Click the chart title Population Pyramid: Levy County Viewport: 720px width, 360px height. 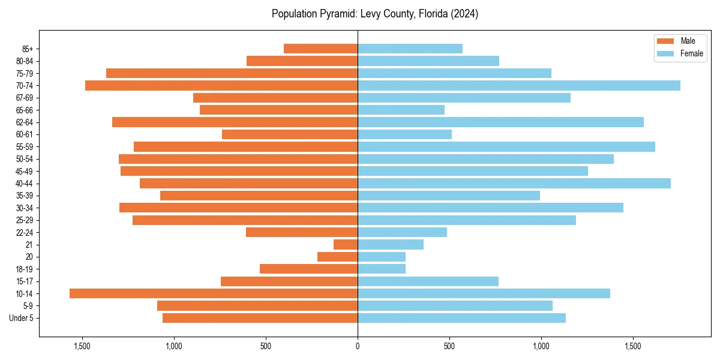click(x=374, y=14)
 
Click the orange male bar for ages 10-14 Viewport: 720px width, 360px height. click(x=214, y=293)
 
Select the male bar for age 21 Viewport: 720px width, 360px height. click(x=346, y=244)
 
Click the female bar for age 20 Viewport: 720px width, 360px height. click(x=382, y=257)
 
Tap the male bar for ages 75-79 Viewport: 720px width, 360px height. click(x=232, y=73)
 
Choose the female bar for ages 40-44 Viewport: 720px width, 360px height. click(x=514, y=183)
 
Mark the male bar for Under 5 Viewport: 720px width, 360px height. click(x=260, y=318)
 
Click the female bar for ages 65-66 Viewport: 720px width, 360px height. click(x=401, y=110)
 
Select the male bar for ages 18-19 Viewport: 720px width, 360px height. click(x=308, y=269)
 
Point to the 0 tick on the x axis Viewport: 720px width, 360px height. click(x=358, y=346)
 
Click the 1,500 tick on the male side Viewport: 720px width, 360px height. click(x=82, y=346)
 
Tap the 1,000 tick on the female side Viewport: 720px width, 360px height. click(x=541, y=346)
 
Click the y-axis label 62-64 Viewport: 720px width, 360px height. click(x=24, y=122)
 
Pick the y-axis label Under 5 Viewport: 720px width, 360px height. click(x=22, y=318)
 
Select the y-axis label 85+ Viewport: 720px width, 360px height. click(x=28, y=49)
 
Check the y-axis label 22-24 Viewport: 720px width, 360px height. click(x=24, y=232)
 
